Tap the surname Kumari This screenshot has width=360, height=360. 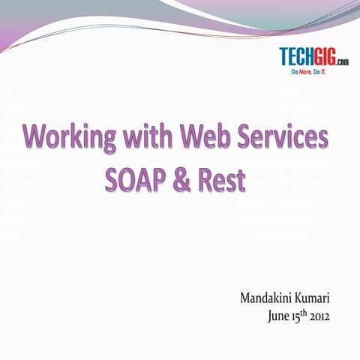click(x=315, y=298)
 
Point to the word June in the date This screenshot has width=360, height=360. click(x=280, y=316)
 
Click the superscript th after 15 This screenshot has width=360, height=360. click(x=307, y=313)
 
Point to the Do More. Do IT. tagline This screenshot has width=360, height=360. click(x=314, y=72)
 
